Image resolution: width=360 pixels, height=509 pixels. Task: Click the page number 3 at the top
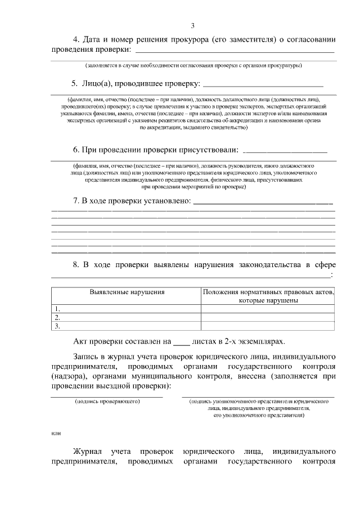point(192,26)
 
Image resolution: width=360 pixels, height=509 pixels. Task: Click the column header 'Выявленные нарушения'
point(127,292)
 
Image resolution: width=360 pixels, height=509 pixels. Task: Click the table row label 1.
point(57,309)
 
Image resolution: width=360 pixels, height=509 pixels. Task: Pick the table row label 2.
point(57,317)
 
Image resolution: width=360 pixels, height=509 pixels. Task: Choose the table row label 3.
point(57,326)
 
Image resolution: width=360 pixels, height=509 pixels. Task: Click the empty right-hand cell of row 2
point(268,317)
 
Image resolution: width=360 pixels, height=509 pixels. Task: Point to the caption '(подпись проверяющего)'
point(107,402)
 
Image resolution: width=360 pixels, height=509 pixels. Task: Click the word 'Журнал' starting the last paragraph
point(87,452)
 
